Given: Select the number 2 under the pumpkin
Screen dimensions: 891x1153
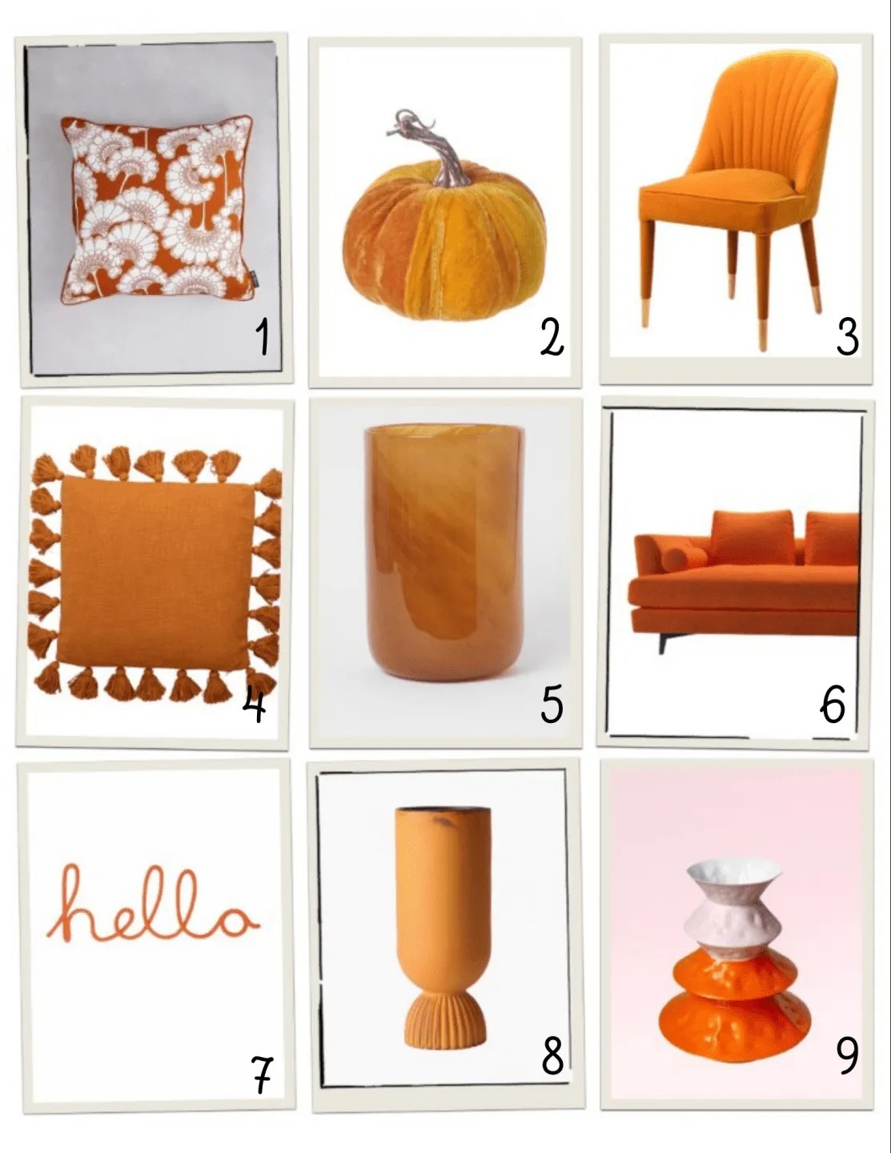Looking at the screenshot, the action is pos(552,339).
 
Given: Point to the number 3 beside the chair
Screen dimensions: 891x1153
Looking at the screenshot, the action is pos(848,338).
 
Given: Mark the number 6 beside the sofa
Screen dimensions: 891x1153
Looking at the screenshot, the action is pos(832,705).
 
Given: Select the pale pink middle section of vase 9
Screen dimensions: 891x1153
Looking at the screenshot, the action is pos(735,924).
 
